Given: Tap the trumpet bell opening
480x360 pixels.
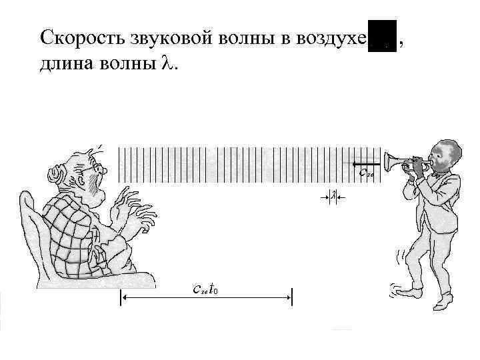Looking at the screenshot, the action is [x=387, y=161].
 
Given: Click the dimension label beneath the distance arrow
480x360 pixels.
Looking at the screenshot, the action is [x=205, y=288].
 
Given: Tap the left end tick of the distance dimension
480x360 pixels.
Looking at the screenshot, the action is [x=121, y=298].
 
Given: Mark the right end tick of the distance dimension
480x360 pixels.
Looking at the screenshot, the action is [x=292, y=298].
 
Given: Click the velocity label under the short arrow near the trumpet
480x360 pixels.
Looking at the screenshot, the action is [x=366, y=173].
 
